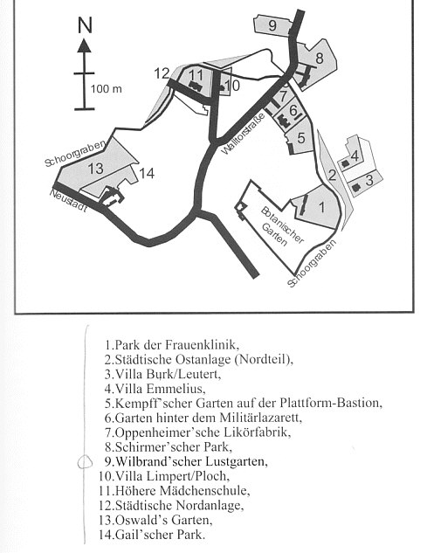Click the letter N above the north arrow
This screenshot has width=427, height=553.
click(85, 25)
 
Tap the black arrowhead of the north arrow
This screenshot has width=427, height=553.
click(85, 45)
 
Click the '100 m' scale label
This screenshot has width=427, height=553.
click(107, 88)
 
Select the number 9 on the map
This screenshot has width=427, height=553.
click(272, 25)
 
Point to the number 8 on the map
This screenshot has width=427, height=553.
click(320, 59)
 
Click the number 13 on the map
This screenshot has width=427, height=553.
click(95, 169)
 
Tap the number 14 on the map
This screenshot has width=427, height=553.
click(147, 173)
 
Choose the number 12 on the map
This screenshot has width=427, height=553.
click(162, 73)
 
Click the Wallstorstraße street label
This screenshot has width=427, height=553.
click(244, 134)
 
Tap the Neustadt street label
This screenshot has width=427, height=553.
click(68, 201)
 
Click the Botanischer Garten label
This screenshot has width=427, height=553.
click(282, 226)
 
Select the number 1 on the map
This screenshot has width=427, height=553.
click(321, 207)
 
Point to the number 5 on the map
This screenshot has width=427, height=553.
click(300, 138)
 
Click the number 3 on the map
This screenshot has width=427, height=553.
click(369, 180)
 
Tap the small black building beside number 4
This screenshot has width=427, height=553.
click(345, 163)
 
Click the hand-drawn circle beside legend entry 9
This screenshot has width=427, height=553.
click(85, 461)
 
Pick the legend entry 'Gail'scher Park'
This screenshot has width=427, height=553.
click(152, 535)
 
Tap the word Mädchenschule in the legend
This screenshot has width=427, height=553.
click(204, 491)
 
